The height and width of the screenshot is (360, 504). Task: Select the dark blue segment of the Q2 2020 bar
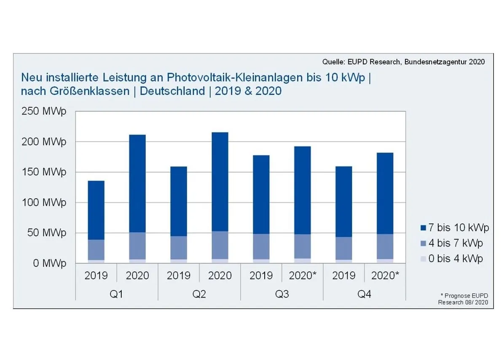220,181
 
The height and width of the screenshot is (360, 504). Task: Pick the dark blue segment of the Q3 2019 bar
261,194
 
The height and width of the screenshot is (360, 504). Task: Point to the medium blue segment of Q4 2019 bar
343,248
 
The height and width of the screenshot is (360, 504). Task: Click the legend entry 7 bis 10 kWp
455,228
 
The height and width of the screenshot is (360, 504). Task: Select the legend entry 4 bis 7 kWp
452,243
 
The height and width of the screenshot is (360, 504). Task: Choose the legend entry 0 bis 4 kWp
452,258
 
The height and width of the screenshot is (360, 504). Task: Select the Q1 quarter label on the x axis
116,294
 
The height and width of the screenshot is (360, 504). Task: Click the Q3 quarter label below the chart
281,294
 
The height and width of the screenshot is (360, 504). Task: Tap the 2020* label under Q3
303,276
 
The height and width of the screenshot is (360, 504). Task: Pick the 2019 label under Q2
179,276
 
